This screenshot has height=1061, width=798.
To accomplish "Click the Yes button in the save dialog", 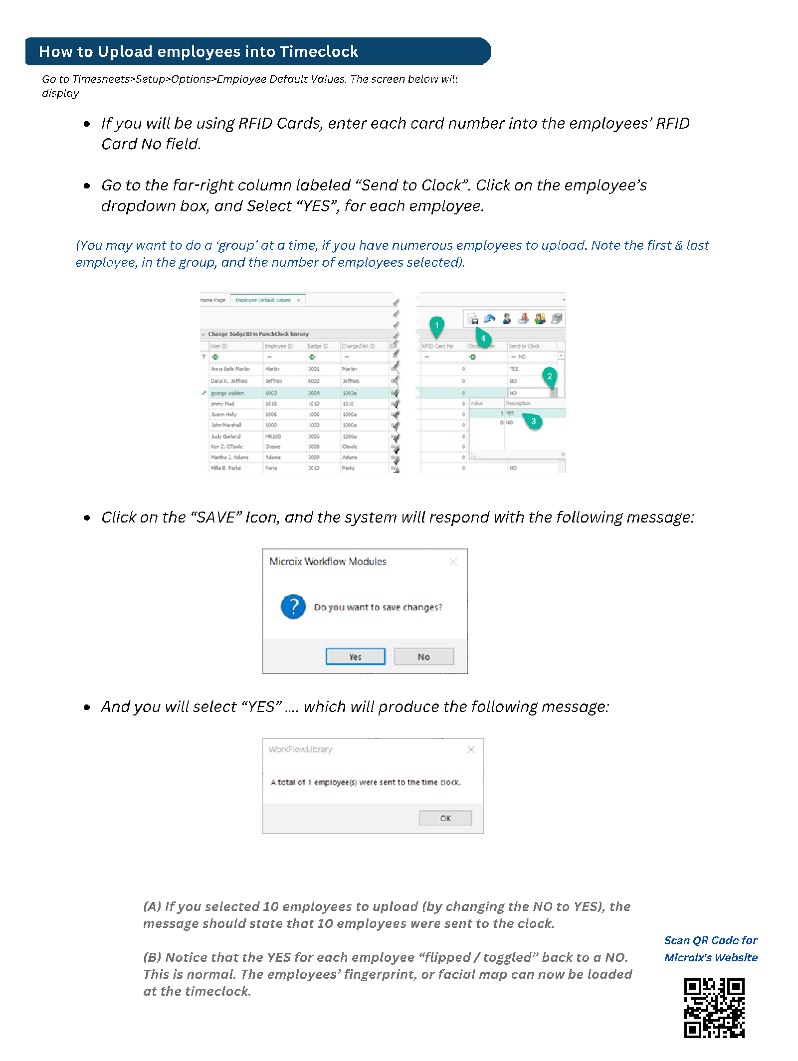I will (x=355, y=657).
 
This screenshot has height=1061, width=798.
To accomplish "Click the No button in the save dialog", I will (x=423, y=657).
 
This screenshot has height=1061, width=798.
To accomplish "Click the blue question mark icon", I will (x=293, y=606).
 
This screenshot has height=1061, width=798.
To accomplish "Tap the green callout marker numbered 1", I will (x=436, y=326).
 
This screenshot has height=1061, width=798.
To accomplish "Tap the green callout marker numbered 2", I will (x=550, y=376).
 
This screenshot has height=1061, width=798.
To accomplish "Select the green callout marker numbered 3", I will (x=533, y=421).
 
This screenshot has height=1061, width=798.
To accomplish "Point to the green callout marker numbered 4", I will (x=483, y=339).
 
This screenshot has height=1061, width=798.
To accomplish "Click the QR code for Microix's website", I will (x=714, y=1008).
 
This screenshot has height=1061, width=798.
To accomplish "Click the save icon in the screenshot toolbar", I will (x=473, y=319).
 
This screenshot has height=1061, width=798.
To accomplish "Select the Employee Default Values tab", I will (x=263, y=300).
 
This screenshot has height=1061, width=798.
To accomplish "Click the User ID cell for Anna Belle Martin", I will (x=230, y=369).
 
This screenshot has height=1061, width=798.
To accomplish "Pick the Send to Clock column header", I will (x=524, y=346).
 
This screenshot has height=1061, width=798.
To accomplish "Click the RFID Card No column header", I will (x=437, y=346).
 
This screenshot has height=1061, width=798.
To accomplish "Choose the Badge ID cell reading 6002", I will (x=314, y=381).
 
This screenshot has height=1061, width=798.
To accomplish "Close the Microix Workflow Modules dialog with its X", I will (x=453, y=562).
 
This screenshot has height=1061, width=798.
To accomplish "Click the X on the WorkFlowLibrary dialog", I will (x=471, y=749).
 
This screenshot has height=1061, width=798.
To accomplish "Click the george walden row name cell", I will (x=227, y=393).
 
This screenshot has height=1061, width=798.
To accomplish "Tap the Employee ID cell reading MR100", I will (x=273, y=436).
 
